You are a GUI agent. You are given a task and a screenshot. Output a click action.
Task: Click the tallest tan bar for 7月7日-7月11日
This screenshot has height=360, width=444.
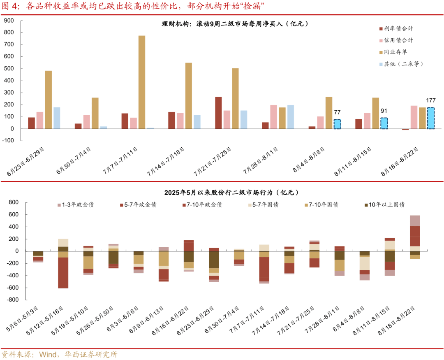click(x=141, y=82)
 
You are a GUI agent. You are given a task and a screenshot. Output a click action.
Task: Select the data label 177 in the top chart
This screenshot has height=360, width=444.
click(x=431, y=100)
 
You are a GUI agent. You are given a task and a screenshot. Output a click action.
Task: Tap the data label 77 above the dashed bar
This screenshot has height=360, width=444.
click(x=338, y=112)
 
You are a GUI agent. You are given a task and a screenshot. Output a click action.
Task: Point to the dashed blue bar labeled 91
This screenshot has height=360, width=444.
click(x=384, y=123)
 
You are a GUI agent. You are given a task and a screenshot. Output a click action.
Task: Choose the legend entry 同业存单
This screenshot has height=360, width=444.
click(x=395, y=52)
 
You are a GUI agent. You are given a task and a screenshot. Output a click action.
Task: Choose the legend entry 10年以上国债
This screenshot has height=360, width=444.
click(x=387, y=204)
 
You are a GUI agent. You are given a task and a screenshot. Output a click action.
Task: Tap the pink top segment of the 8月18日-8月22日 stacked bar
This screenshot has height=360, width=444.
click(x=415, y=221)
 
